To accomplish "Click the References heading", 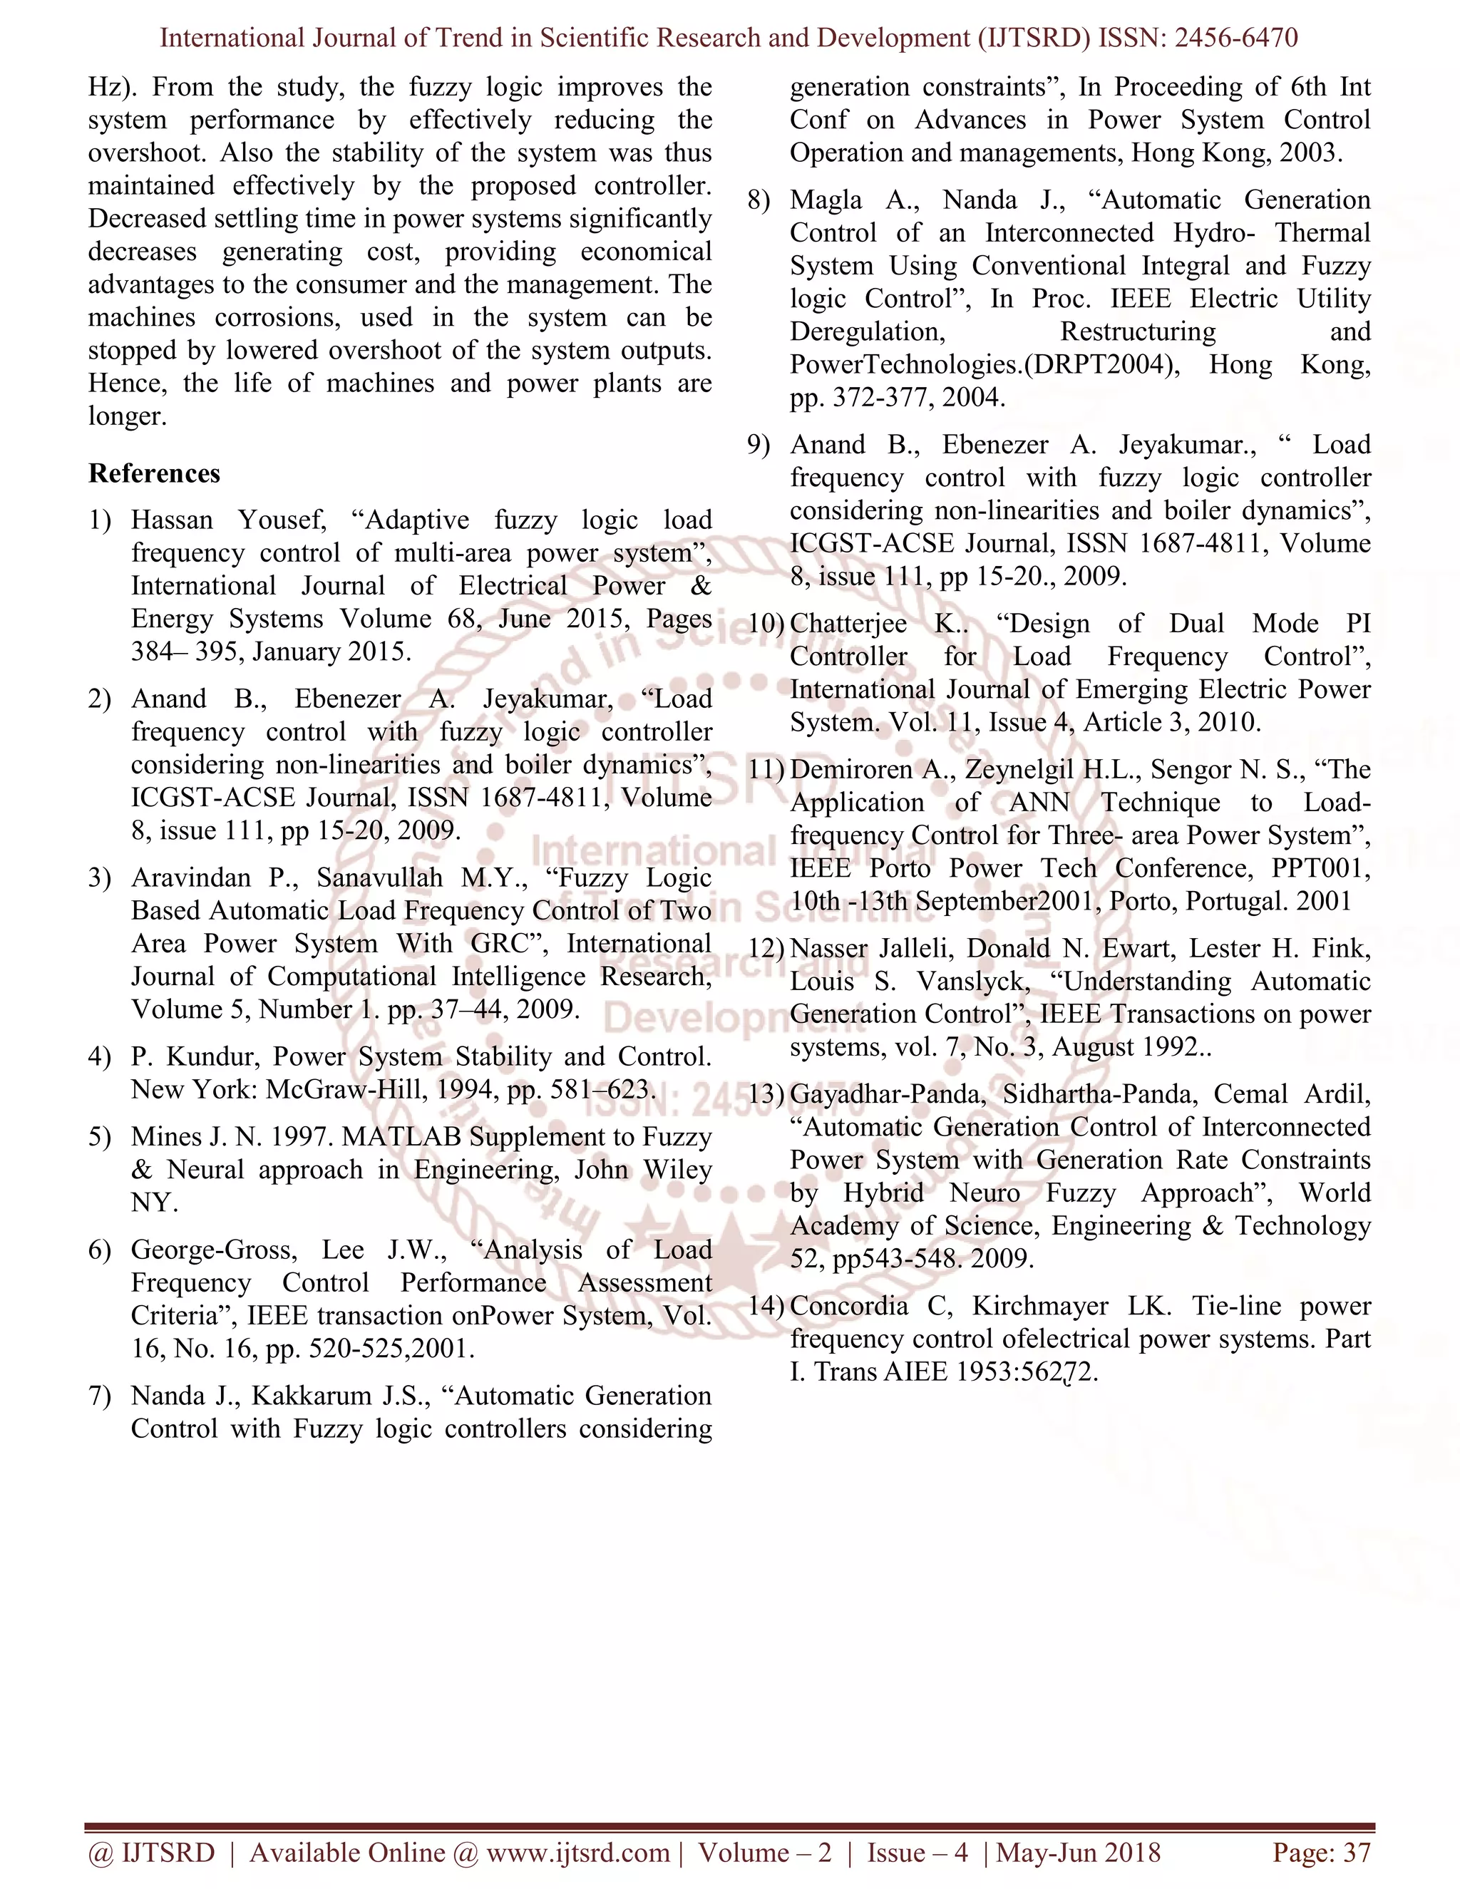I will pos(154,474).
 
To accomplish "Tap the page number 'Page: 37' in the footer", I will pos(1321,1853).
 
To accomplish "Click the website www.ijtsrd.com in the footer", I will pos(577,1853).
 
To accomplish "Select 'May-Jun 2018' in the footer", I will pos(1079,1853).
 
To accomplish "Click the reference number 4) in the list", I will pos(100,1057).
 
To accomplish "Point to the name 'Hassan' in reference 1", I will pos(171,520).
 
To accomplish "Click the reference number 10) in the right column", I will pos(765,624).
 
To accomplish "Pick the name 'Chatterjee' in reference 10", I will pos(848,624).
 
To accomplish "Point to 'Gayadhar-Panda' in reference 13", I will pos(887,1095).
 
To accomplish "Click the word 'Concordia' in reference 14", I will pos(848,1306).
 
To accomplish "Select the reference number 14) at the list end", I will pos(765,1306).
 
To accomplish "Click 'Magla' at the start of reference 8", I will pos(825,201).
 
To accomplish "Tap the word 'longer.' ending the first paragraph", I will pos(127,417).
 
